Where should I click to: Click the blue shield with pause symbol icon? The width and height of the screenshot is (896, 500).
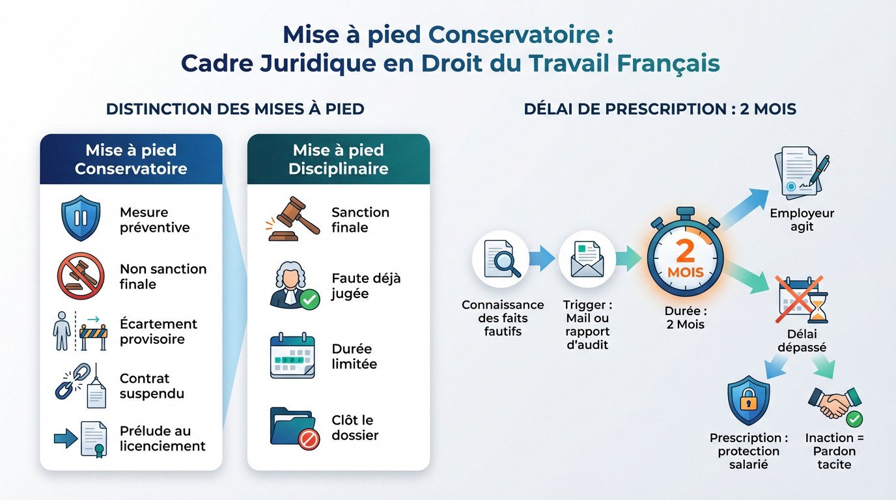pyautogui.click(x=80, y=219)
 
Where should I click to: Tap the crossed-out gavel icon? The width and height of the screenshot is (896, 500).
pyautogui.click(x=80, y=275)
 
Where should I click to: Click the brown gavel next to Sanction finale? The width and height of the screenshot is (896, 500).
pyautogui.click(x=294, y=219)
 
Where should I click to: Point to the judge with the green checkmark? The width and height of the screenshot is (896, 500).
pyautogui.click(x=294, y=286)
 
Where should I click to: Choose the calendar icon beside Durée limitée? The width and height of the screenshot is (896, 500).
pyautogui.click(x=292, y=356)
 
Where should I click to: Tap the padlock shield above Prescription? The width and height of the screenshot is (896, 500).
pyautogui.click(x=748, y=400)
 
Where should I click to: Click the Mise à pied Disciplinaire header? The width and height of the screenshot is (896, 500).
pyautogui.click(x=339, y=160)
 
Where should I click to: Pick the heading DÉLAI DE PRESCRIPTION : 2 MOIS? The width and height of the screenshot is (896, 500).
pyautogui.click(x=660, y=109)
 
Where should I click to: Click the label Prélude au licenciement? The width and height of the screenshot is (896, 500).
pyautogui.click(x=163, y=438)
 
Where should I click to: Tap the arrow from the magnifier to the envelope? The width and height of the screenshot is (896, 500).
pyautogui.click(x=541, y=259)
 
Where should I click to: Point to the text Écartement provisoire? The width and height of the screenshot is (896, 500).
pyautogui.click(x=158, y=331)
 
